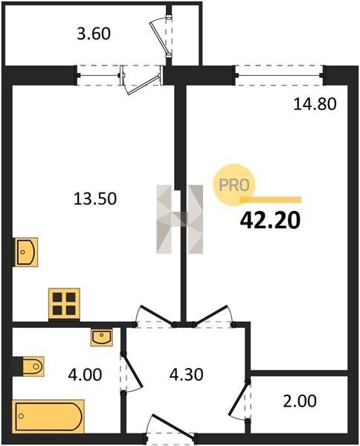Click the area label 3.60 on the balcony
click(94, 34)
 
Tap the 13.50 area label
click(95, 198)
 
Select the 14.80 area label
click(315, 104)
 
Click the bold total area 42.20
click(270, 221)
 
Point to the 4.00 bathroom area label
click(85, 375)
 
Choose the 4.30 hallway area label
click(186, 375)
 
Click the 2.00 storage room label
click(300, 401)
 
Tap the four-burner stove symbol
click(64, 304)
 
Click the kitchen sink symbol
click(26, 252)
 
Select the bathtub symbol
click(48, 416)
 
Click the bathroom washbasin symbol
click(102, 337)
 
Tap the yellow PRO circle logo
click(234, 185)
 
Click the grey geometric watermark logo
click(179, 219)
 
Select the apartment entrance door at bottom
click(170, 429)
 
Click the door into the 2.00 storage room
click(240, 399)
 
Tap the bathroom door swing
click(131, 372)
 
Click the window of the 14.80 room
click(279, 75)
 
